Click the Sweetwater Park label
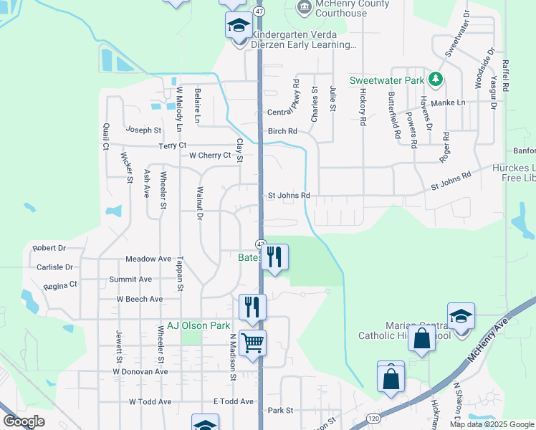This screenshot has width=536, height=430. pyautogui.click(x=387, y=80)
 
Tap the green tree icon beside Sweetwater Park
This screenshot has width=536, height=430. pyautogui.click(x=434, y=78)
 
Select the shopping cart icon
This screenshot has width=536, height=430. pyautogui.click(x=253, y=343)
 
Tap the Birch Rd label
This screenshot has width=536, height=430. pyautogui.click(x=282, y=131)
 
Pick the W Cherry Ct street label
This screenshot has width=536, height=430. pyautogui.click(x=210, y=155)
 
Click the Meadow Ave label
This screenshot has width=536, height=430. pyautogui.click(x=148, y=258)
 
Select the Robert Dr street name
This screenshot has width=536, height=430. pyautogui.click(x=49, y=248)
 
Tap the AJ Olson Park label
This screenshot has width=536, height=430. pyautogui.click(x=198, y=325)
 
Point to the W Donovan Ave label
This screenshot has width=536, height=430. pyautogui.click(x=140, y=372)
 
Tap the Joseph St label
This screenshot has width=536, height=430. pyautogui.click(x=143, y=130)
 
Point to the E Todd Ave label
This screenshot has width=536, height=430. pyautogui.click(x=234, y=401)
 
